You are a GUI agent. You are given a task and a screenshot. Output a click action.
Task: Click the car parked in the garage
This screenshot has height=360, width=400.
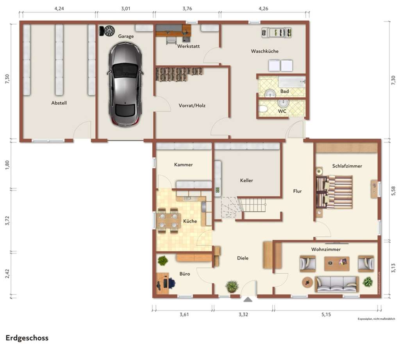(125, 84)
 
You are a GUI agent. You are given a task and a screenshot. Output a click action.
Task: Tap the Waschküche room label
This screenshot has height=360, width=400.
(264, 51)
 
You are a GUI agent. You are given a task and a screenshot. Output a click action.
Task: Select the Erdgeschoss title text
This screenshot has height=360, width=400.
(27, 338)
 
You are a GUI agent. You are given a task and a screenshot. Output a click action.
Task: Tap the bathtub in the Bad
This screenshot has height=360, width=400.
(291, 82)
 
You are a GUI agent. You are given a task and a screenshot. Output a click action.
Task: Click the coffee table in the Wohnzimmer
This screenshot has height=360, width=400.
(336, 263)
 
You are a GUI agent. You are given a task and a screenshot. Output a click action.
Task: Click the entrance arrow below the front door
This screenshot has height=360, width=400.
(248, 300)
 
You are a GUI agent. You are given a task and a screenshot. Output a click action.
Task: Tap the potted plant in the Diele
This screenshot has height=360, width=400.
(232, 286)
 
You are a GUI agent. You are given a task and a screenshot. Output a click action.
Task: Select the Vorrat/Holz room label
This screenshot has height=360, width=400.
(192, 105)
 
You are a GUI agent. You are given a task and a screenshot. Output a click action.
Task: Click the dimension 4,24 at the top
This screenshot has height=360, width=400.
(59, 9)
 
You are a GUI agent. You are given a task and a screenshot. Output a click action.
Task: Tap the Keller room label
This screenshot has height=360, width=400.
(246, 180)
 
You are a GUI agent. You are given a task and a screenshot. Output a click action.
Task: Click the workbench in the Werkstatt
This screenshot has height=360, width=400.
(172, 30)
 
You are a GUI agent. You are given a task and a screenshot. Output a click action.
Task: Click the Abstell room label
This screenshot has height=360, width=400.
(59, 103)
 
